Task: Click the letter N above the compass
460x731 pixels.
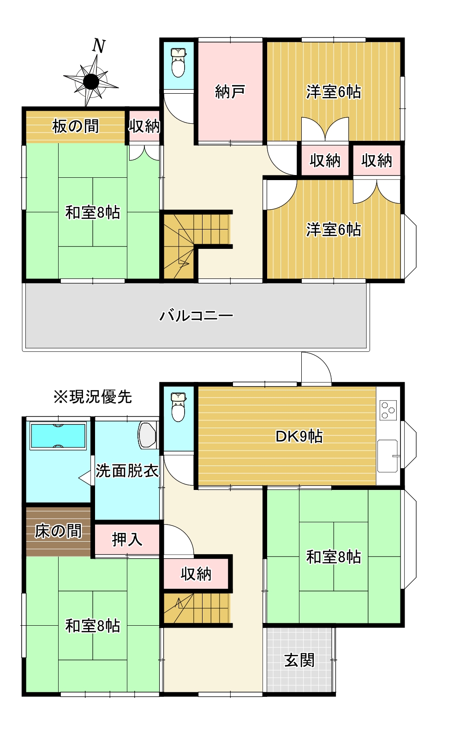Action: point(99,46)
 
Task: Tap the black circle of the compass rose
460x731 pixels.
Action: point(91,82)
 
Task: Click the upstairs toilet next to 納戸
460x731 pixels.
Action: point(178,62)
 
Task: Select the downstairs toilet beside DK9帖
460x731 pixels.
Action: point(178,406)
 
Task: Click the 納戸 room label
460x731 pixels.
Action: point(230,92)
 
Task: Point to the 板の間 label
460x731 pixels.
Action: point(75,126)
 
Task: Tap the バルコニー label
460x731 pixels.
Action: point(196,316)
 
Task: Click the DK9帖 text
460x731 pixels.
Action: point(299,436)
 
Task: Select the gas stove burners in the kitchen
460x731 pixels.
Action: point(388,410)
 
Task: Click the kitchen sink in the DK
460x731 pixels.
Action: point(387,456)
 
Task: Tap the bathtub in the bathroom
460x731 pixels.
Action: point(58,436)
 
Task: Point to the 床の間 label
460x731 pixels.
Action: point(58,531)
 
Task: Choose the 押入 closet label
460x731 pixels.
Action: point(127,539)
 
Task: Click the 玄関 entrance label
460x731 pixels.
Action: point(299,660)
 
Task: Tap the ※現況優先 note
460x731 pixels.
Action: point(92,397)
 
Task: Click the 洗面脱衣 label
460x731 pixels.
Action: point(127,471)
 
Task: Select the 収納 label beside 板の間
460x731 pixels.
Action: point(144,126)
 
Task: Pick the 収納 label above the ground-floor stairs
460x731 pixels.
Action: point(196,574)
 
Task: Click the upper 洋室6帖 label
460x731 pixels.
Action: point(334,92)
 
